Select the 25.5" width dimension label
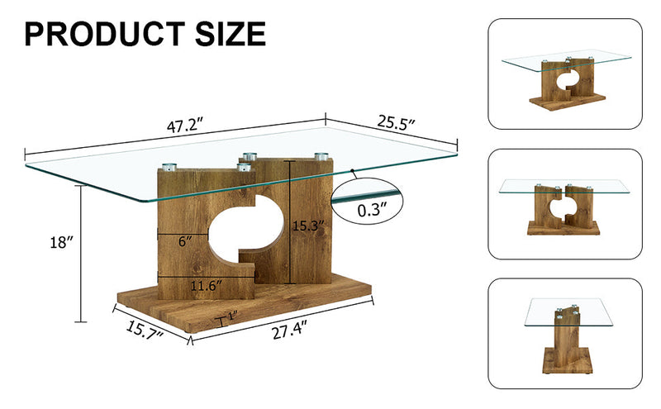[x=396, y=124]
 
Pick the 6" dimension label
[x=186, y=241]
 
